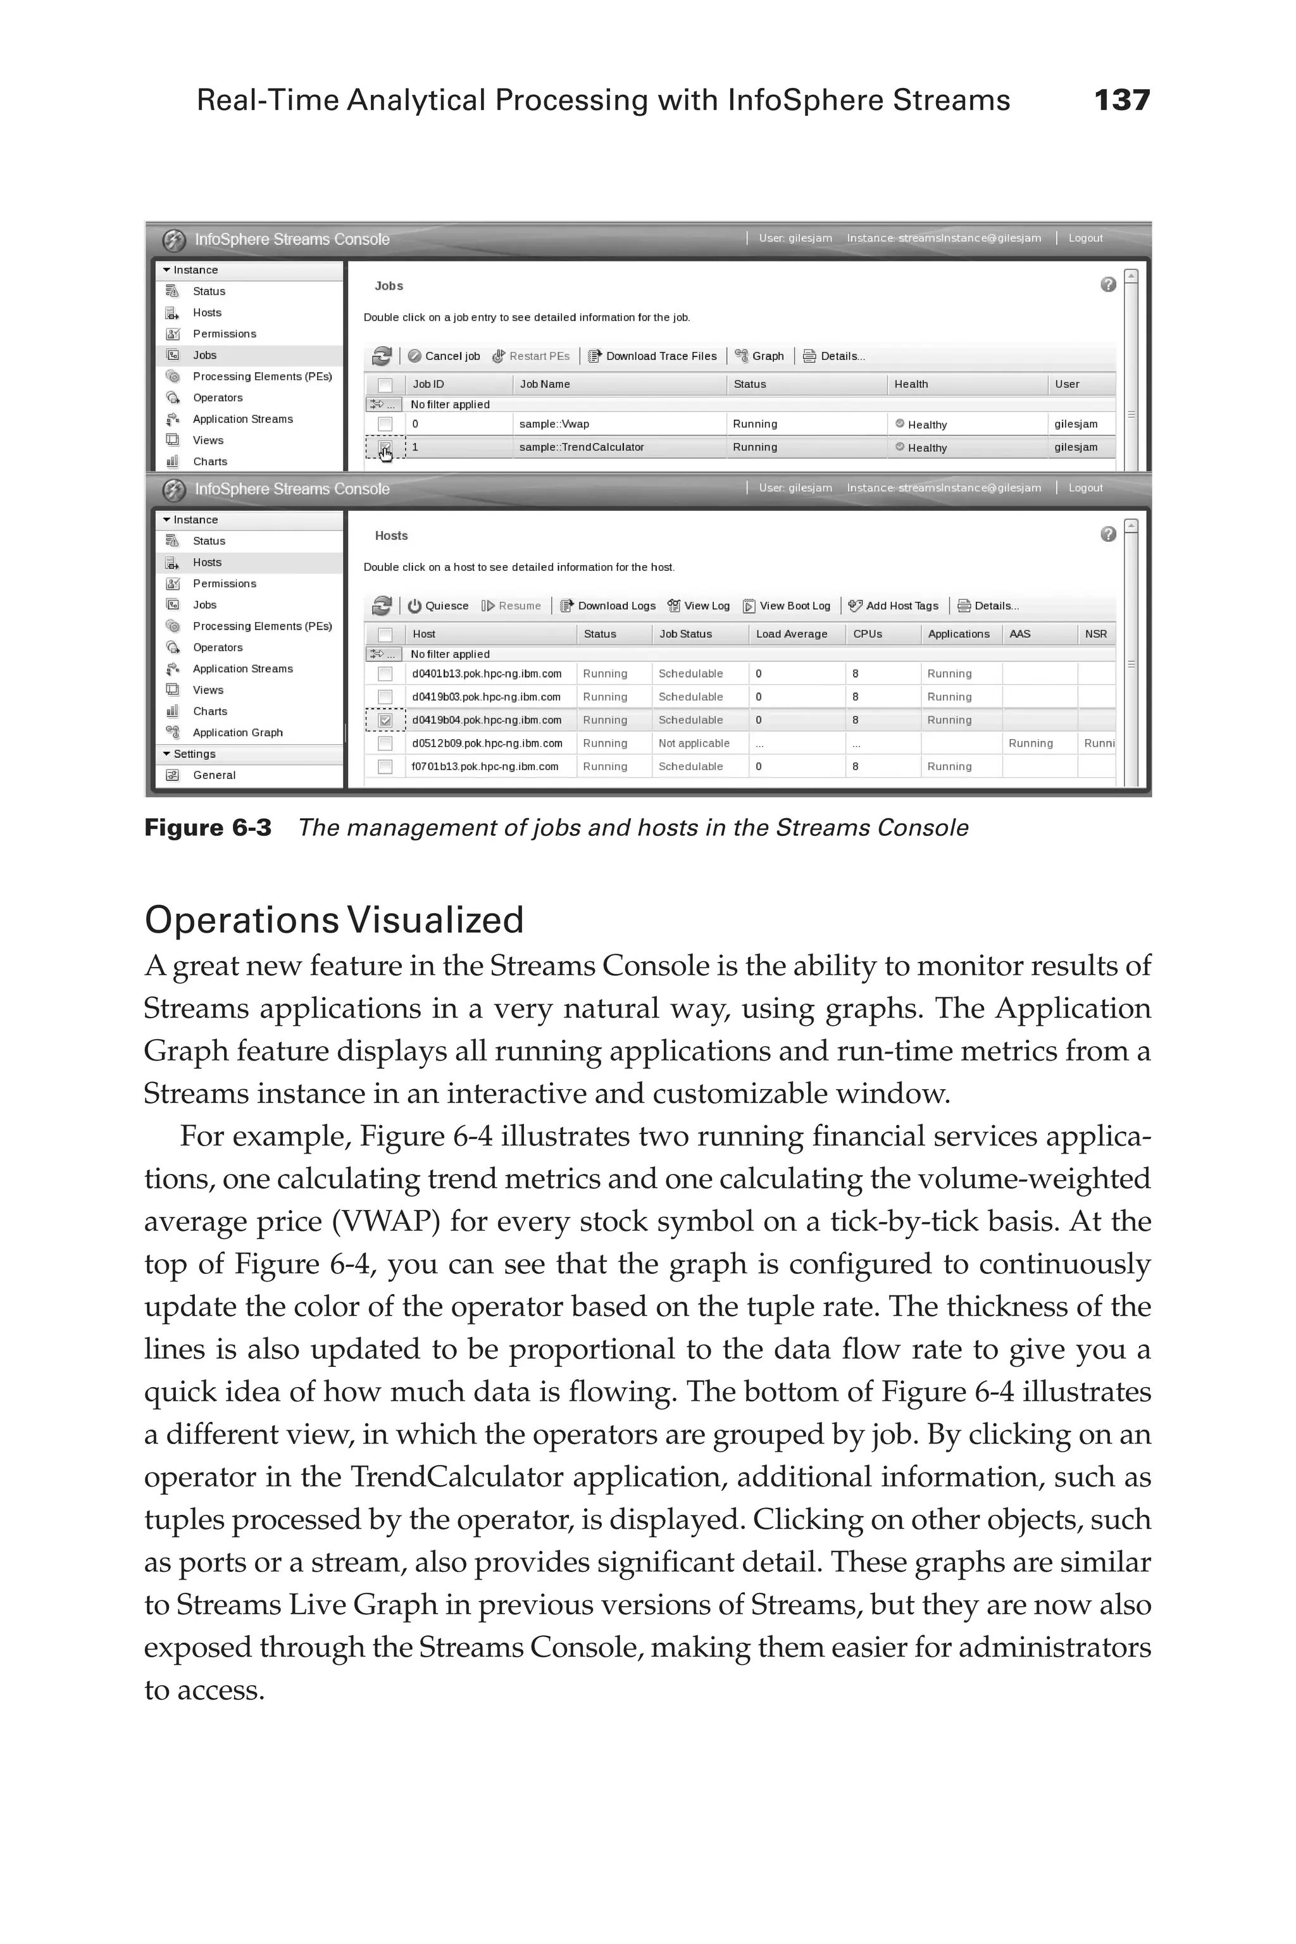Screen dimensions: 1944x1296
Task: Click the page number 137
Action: coord(1121,100)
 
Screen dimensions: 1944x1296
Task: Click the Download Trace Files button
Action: coord(652,356)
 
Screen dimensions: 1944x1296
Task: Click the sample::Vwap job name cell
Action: coord(554,424)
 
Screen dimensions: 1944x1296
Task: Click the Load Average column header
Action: coord(791,634)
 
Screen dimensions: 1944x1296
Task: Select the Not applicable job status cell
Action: coord(694,743)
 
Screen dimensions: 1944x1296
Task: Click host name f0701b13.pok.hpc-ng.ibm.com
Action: coord(485,766)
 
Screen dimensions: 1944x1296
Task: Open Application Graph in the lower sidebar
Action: coord(237,732)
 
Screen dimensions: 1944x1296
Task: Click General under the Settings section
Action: coord(214,775)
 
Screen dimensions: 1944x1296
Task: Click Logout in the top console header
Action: coord(1085,238)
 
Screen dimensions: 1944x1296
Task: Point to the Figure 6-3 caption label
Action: coord(208,828)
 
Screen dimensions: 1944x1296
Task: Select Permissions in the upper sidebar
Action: coord(224,334)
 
